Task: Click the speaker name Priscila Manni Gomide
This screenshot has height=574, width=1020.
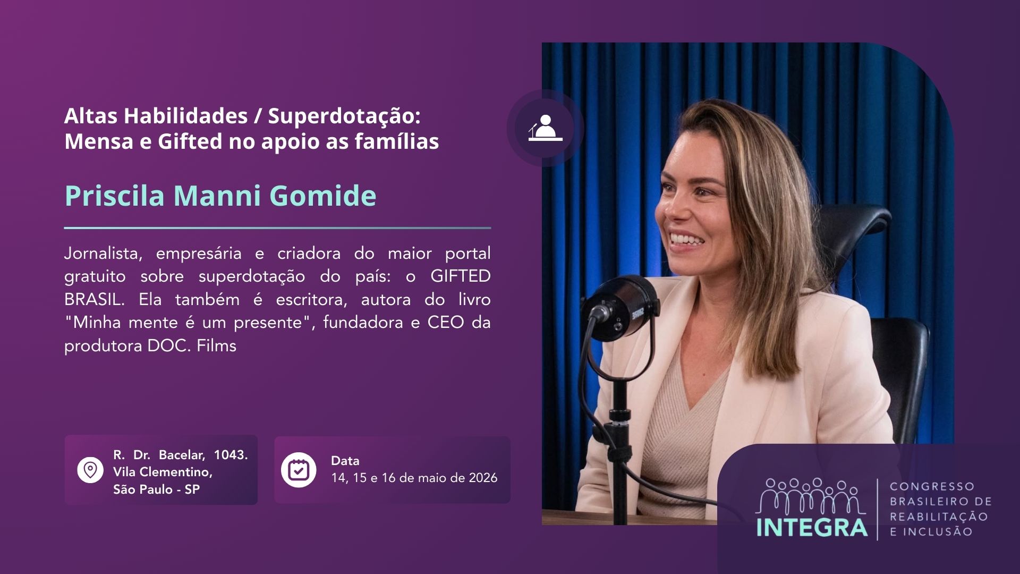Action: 220,196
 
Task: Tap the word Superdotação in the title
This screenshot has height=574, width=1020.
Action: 344,116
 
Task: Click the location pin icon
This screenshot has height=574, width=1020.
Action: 90,470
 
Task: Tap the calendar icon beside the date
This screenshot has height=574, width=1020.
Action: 299,470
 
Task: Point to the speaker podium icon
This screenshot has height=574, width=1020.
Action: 545,129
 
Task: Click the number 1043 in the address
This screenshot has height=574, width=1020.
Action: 231,455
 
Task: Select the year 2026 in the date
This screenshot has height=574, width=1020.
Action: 483,478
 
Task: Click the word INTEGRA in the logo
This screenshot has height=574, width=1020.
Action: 812,527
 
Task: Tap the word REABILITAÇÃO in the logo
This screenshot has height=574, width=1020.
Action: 939,516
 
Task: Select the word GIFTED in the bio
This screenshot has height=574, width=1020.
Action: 461,276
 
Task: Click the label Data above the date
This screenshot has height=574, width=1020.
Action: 345,461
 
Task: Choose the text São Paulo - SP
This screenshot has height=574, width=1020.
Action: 157,489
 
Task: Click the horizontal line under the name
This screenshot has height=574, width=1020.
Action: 277,228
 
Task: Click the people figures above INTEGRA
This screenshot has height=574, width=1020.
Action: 812,496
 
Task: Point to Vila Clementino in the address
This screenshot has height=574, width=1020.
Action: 163,472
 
